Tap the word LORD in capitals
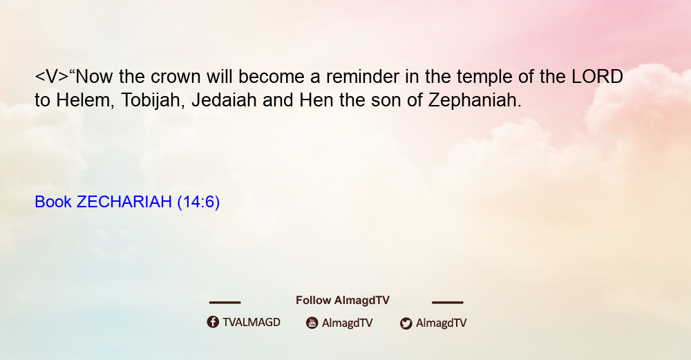click(597, 77)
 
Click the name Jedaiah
click(224, 101)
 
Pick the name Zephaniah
click(475, 101)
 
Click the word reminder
click(363, 77)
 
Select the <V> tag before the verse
click(52, 77)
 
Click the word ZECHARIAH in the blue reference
click(124, 202)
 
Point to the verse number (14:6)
click(198, 202)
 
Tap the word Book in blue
click(53, 202)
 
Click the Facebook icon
click(213, 322)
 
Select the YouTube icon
click(312, 323)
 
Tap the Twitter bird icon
click(406, 323)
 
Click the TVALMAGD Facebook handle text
click(252, 323)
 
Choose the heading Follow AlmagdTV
click(343, 301)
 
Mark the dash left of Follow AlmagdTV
click(225, 303)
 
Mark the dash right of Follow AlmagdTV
click(447, 303)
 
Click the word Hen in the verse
click(316, 100)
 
